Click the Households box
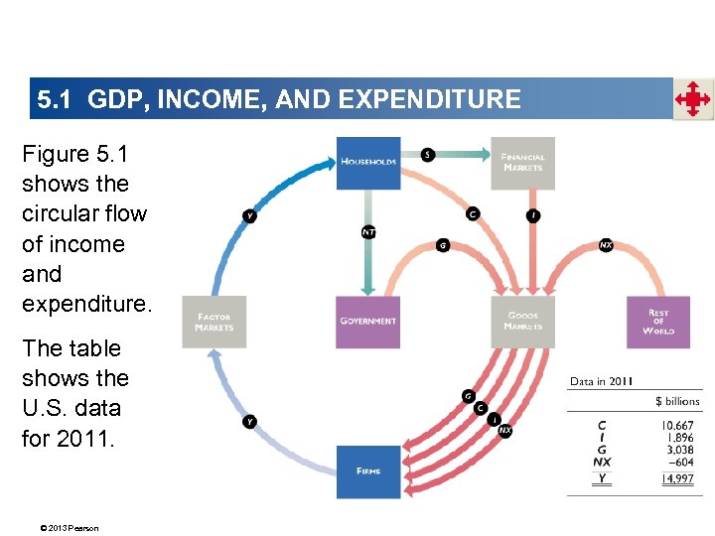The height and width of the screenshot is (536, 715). coord(368,162)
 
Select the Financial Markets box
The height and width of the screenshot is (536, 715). coord(522,162)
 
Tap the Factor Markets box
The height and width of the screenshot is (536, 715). coord(214,322)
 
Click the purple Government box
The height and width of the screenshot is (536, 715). coord(368,322)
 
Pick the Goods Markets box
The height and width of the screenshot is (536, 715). coord(522,322)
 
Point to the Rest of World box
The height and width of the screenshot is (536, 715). coord(657,322)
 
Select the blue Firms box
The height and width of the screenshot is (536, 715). coord(368,471)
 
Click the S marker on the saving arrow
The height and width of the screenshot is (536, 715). coord(427,155)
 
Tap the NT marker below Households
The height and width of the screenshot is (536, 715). coord(368,233)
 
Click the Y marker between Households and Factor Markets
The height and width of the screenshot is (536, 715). coord(250,215)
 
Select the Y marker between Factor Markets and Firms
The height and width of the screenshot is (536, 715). coord(250,421)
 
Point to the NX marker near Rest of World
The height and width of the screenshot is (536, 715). coord(606,244)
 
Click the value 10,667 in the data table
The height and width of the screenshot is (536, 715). coord(679,425)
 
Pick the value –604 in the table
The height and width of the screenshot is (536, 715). coord(681,462)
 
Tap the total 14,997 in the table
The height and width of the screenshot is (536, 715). coord(679,478)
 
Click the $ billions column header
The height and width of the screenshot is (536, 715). coord(677,401)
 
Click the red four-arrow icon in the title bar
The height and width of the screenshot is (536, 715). coord(693,99)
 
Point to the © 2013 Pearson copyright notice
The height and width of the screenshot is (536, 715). coord(62,527)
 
